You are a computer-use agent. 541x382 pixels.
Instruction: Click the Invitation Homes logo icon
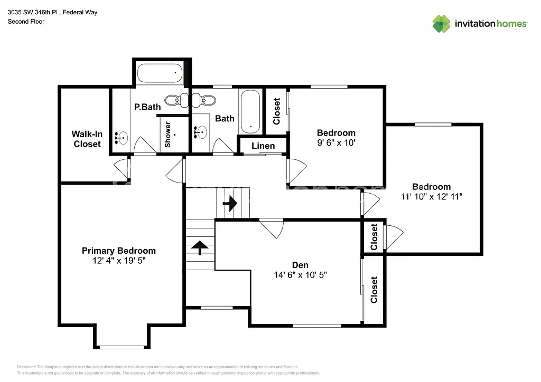pyautogui.click(x=441, y=24)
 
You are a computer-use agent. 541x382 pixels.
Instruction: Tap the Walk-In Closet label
pyautogui.click(x=87, y=139)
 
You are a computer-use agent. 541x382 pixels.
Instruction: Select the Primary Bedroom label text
pyautogui.click(x=118, y=251)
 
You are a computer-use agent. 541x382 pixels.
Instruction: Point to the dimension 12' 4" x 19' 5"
pyautogui.click(x=118, y=261)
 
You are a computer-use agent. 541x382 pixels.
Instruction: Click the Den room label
pyautogui.click(x=300, y=265)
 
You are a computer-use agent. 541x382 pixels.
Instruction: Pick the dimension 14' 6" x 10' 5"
pyautogui.click(x=300, y=275)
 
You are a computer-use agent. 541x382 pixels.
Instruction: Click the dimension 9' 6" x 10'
pyautogui.click(x=336, y=142)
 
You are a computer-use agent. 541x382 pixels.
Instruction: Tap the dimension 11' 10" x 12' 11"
pyautogui.click(x=432, y=196)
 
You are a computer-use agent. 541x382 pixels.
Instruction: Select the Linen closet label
pyautogui.click(x=263, y=146)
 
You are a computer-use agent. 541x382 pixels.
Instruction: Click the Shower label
pyautogui.click(x=167, y=135)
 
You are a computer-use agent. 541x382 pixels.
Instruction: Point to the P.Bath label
pyautogui.click(x=147, y=107)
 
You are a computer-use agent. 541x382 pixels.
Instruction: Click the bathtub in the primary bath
pyautogui.click(x=160, y=73)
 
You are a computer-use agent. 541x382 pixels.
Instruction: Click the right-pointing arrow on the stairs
pyautogui.click(x=230, y=202)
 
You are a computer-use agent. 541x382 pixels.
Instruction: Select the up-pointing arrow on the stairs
pyautogui.click(x=199, y=247)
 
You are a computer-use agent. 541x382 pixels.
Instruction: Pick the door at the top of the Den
pyautogui.click(x=272, y=227)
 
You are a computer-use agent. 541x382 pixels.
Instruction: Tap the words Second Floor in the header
pyautogui.click(x=26, y=22)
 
